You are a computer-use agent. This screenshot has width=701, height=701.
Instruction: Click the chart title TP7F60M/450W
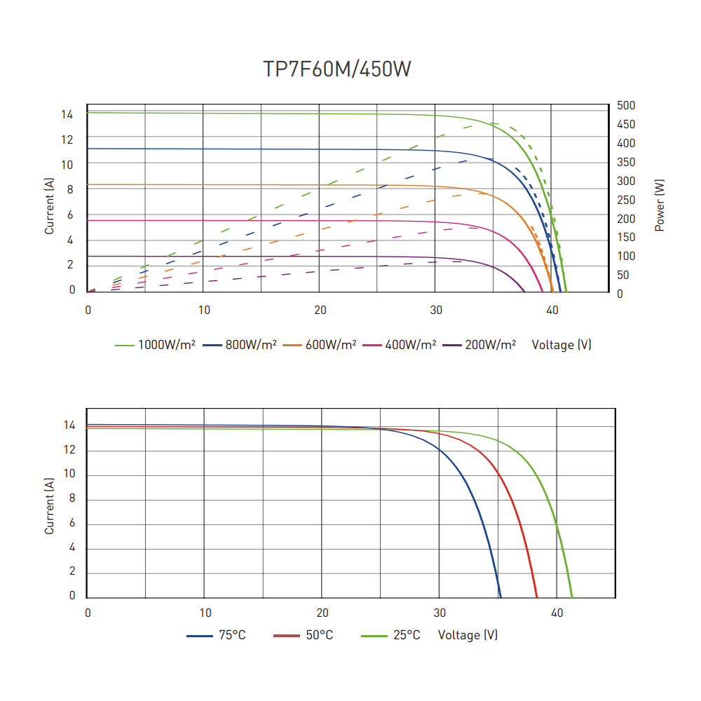click(336, 69)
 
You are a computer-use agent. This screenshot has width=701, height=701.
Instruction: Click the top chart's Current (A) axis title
click(49, 205)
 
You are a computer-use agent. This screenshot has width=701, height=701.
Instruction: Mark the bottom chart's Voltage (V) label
click(468, 635)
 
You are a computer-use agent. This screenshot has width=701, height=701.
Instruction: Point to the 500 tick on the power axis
click(626, 105)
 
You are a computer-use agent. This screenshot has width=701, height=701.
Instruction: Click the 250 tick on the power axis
click(626, 200)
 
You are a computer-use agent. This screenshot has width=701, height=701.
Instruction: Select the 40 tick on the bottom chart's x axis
click(557, 613)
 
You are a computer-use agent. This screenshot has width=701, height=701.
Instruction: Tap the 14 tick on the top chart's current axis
click(67, 114)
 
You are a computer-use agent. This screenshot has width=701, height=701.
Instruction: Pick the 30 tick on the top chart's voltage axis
click(436, 310)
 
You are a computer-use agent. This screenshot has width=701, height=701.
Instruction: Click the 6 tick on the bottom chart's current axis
click(72, 524)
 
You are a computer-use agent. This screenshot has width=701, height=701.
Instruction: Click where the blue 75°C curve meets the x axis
click(501, 597)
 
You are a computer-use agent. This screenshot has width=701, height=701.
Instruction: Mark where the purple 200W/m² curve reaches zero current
click(524, 291)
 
